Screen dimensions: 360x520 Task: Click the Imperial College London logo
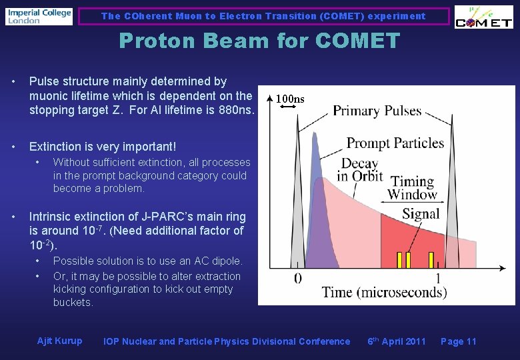click(39, 16)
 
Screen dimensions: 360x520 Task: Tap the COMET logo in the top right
click(483, 17)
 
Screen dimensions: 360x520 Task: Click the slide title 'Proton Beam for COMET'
click(259, 41)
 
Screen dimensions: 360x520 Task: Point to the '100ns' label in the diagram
click(290, 99)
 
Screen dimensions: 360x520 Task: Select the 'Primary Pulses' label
click(377, 111)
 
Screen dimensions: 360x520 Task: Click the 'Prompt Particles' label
click(395, 143)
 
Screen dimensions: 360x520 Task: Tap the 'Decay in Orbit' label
click(359, 169)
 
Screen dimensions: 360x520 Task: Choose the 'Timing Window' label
click(412, 187)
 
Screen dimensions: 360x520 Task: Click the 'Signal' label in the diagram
click(421, 214)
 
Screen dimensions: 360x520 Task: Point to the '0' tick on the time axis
click(297, 277)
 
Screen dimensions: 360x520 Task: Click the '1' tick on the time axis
click(437, 277)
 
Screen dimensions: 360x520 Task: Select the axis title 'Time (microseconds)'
click(384, 292)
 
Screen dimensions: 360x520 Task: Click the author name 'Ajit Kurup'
click(60, 341)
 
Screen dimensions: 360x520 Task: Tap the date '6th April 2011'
click(397, 341)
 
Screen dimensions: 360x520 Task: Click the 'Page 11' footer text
click(459, 341)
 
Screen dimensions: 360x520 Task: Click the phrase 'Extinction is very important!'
click(103, 146)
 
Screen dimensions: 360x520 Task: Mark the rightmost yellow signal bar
click(431, 259)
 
